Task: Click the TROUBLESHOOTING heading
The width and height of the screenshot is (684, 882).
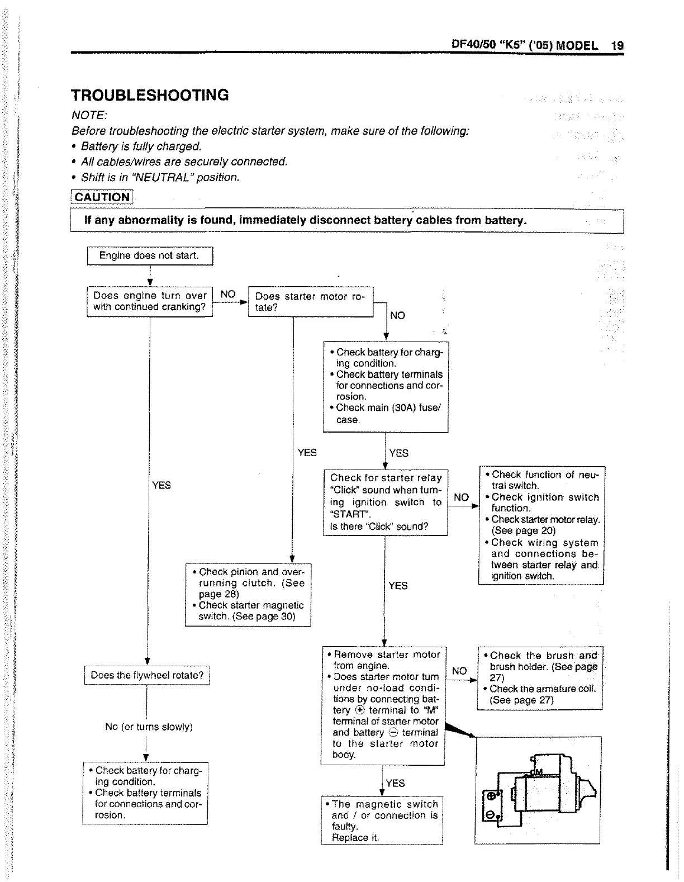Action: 150,95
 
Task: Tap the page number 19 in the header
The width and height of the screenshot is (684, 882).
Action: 617,45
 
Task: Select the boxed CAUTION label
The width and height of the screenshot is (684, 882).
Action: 102,197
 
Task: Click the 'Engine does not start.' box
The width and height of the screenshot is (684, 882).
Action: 150,256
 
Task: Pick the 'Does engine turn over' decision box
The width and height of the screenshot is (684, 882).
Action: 150,301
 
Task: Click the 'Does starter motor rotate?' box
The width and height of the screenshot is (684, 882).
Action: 310,302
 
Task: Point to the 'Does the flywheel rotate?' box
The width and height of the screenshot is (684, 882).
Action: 147,675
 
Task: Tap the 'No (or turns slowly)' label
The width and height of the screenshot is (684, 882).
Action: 149,727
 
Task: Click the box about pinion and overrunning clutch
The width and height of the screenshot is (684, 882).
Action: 248,594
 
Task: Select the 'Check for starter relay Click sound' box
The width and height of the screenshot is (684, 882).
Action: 385,502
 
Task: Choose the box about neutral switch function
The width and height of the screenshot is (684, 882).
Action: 541,525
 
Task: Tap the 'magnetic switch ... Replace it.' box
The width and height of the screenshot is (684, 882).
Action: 382,821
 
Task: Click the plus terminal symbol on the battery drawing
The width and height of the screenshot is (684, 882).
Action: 490,796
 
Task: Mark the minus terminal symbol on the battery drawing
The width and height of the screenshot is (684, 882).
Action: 490,816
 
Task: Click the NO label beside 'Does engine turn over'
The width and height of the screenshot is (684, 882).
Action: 228,295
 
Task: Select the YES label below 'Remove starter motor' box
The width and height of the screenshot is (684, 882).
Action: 395,783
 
